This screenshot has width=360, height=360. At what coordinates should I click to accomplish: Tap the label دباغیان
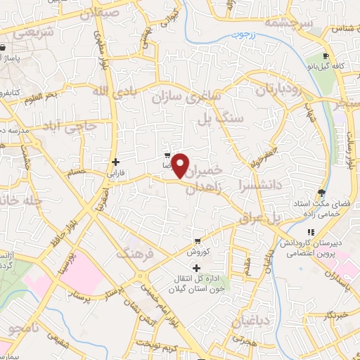coord(246,322)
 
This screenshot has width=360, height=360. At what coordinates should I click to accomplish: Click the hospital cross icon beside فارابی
coord(115,161)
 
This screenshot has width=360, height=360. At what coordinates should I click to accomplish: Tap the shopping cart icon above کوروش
coord(199,240)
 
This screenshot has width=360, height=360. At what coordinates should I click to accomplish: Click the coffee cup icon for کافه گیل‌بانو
coord(325,56)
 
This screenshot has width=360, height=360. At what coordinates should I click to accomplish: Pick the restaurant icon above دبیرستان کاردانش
coord(310,233)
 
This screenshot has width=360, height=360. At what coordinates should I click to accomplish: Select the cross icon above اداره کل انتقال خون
coord(196,268)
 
